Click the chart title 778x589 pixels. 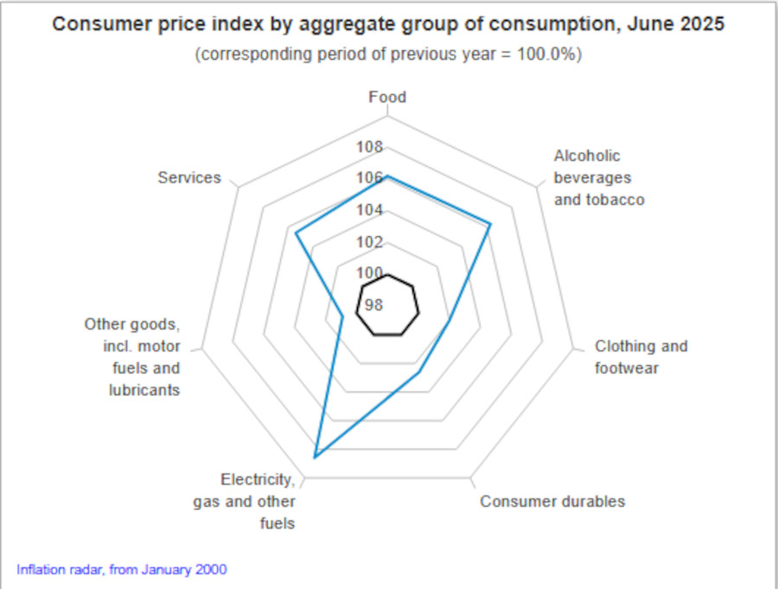point(388,23)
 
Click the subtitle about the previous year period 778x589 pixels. point(388,54)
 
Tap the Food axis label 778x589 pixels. point(387,97)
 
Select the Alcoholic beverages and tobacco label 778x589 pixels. point(598,177)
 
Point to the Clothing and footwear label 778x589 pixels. point(641,357)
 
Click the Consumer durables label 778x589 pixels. point(552,502)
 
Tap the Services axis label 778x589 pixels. point(189,177)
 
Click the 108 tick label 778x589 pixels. point(370,147)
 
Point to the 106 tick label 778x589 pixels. point(370,178)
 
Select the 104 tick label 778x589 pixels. point(370,210)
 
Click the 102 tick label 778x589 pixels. point(370,242)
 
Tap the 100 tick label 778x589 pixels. point(370,273)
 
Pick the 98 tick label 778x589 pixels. point(374,304)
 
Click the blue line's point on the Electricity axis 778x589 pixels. point(316,456)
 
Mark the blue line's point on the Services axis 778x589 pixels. point(296,233)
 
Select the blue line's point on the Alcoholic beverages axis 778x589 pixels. point(490,225)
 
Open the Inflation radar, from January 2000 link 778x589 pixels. point(122,569)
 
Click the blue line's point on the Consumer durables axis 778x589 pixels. point(419,373)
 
